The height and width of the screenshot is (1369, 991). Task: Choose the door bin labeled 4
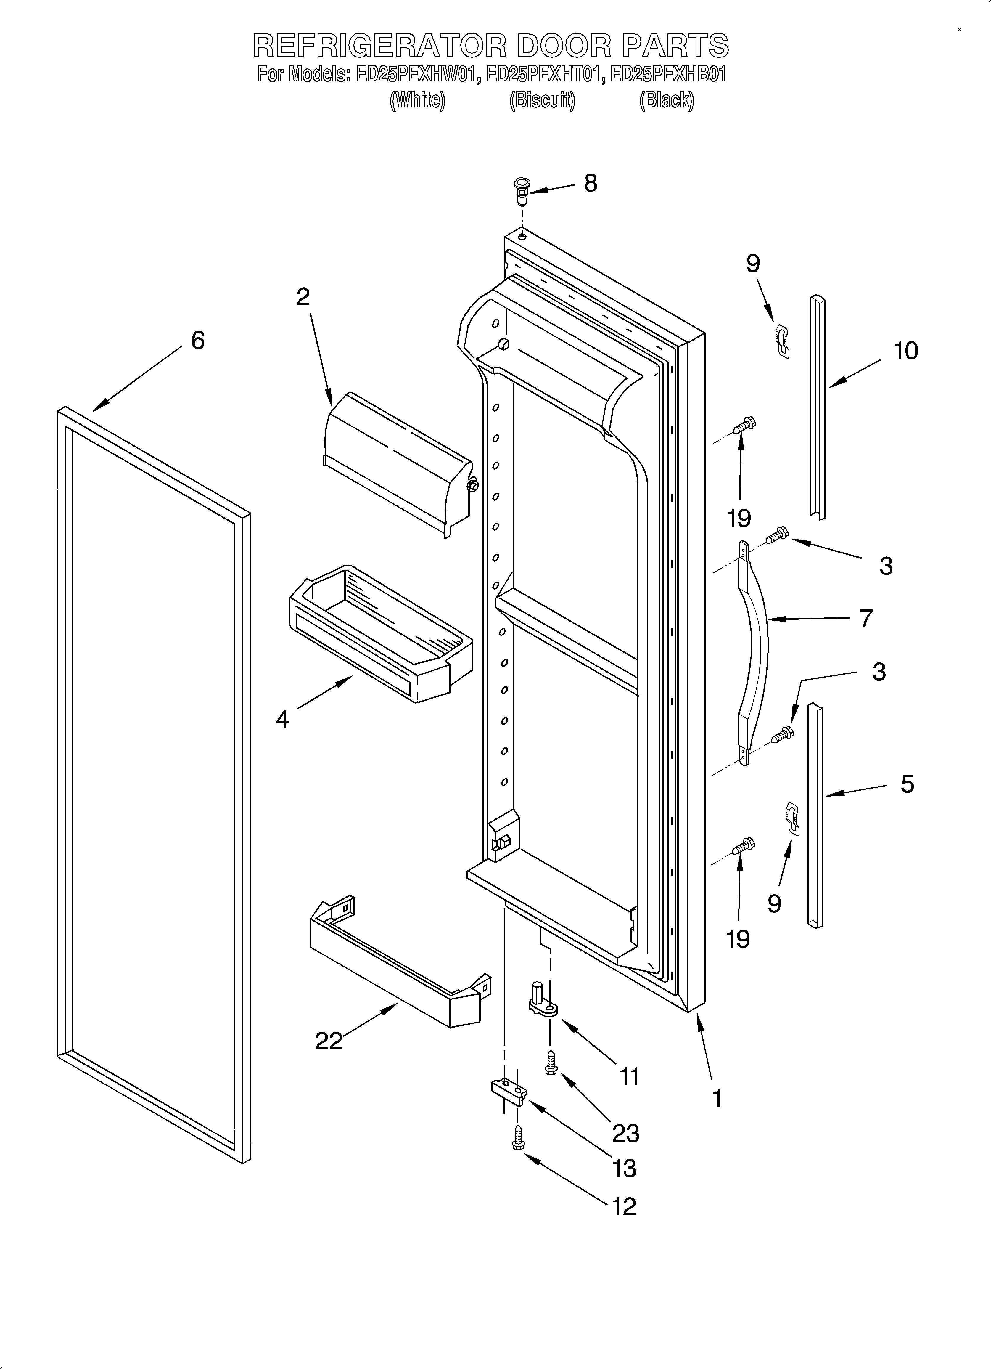380,634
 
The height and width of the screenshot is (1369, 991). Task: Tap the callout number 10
905,351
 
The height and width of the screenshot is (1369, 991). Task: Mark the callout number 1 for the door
717,1099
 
